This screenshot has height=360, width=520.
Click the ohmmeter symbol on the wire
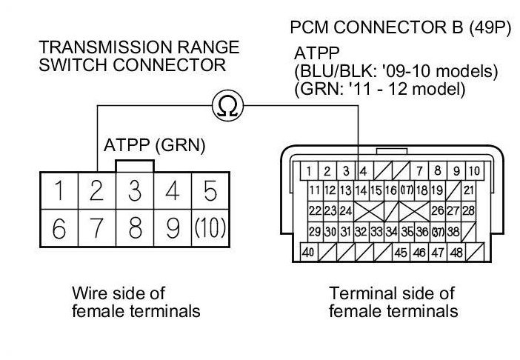pos(227,107)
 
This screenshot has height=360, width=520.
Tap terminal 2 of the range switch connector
pos(96,191)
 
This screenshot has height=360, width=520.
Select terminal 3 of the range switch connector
pos(134,191)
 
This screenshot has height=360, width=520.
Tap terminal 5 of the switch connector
pos(210,191)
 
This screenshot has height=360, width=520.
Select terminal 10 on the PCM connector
pos(474,171)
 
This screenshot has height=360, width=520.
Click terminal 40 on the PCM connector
pos(307,253)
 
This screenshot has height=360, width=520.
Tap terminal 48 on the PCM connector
pos(458,253)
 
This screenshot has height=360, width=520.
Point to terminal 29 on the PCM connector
pos(314,232)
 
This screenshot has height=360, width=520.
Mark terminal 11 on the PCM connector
pos(314,191)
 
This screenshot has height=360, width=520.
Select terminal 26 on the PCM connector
pos(437,211)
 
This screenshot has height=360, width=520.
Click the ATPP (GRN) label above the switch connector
pos(155,144)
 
